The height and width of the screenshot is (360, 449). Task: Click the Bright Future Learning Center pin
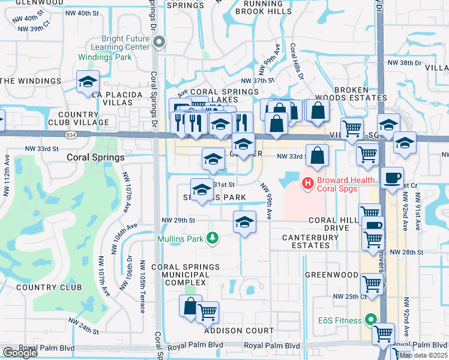pyautogui.click(x=159, y=41)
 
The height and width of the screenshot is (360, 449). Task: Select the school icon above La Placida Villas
pyautogui.click(x=88, y=82)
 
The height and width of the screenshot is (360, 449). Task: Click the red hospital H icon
pyautogui.click(x=308, y=182)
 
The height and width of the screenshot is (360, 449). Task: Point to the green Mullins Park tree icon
pyautogui.click(x=211, y=238)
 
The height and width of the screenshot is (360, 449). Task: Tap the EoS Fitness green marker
pyautogui.click(x=371, y=321)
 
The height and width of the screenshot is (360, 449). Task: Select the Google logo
pyautogui.click(x=20, y=353)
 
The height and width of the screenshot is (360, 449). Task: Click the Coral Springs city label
pyautogui.click(x=95, y=158)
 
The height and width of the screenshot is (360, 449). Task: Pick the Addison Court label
pyautogui.click(x=239, y=331)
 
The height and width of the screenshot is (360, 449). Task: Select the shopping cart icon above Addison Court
pyautogui.click(x=207, y=311)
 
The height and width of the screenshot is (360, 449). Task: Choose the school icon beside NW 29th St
pyautogui.click(x=244, y=222)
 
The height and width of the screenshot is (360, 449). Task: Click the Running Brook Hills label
pyautogui.click(x=264, y=7)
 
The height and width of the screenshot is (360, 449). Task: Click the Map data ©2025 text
pyautogui.click(x=423, y=355)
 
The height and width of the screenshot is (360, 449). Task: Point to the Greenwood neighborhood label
pyautogui.click(x=330, y=275)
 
